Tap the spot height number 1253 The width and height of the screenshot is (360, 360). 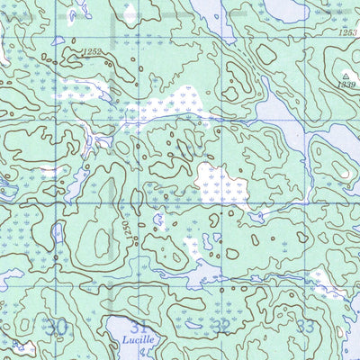tap(348, 31)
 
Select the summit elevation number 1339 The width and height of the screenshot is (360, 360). tap(345, 85)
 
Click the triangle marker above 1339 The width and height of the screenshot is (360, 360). tap(345, 75)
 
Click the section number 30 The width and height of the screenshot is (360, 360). tap(58, 326)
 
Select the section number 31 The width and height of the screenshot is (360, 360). tap(137, 326)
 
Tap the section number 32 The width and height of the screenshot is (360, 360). tap(221, 326)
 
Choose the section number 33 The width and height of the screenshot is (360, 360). tap(306, 326)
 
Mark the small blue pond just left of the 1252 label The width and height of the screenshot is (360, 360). tap(59, 41)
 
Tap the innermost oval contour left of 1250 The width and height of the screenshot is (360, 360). tap(94, 236)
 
